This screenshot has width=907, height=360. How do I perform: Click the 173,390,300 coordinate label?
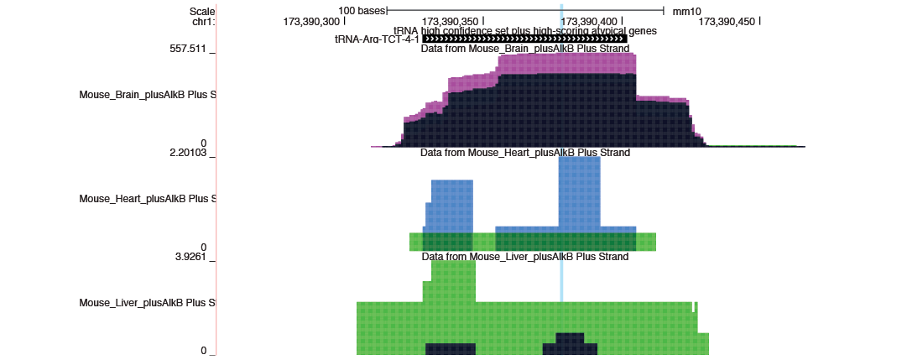coord(311,22)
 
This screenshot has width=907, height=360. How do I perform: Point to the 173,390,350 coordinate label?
coord(450,22)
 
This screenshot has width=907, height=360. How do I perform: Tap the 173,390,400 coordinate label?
coord(588,22)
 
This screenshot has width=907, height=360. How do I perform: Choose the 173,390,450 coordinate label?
coord(727,22)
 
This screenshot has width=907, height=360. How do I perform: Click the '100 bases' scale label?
coord(362,11)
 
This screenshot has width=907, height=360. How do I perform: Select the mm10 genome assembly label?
coord(686,11)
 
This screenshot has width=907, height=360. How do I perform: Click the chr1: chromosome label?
coord(204,22)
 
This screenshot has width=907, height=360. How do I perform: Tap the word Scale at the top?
coord(202,11)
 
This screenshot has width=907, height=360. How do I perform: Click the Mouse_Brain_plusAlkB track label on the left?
coord(148,95)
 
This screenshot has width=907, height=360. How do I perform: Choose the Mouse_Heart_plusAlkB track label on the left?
coord(148,199)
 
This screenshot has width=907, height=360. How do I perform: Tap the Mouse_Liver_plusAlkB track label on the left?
coord(148,303)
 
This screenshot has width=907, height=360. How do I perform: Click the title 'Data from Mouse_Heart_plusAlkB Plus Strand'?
coord(525,153)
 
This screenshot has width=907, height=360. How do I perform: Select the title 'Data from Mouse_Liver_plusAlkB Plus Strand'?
coord(525,257)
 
